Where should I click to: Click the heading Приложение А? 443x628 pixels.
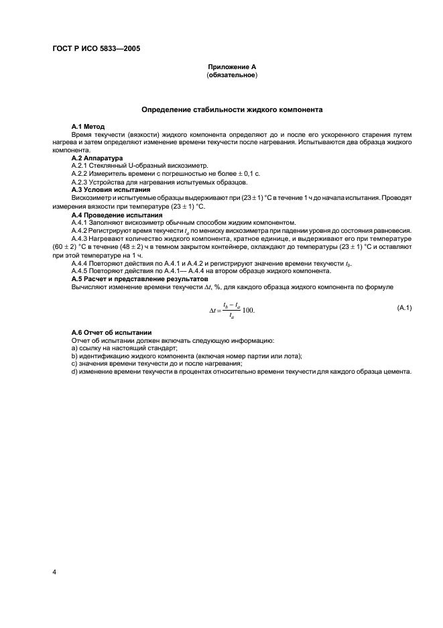(x=231, y=68)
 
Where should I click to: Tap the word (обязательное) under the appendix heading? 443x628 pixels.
(x=231, y=75)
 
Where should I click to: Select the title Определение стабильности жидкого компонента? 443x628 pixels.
(x=231, y=109)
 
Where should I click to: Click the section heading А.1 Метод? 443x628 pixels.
(x=88, y=127)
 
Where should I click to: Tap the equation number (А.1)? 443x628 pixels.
(x=404, y=307)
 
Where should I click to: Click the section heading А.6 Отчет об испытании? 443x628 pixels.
(x=111, y=333)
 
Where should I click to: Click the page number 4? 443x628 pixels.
(x=54, y=572)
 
